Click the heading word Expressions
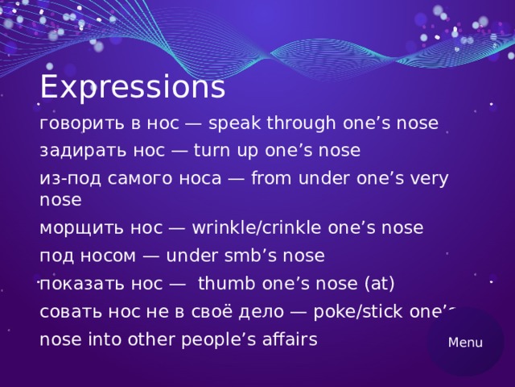click(x=132, y=87)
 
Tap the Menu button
click(x=465, y=342)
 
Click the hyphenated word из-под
click(x=65, y=178)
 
